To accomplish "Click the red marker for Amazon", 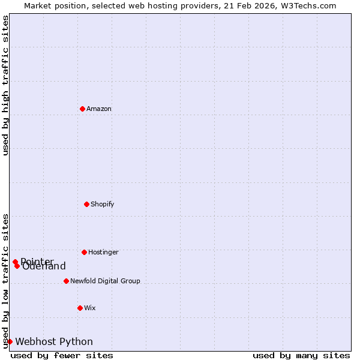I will (82, 109).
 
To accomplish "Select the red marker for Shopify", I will (86, 204).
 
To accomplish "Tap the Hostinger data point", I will (84, 252).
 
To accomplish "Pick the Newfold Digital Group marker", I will (66, 281).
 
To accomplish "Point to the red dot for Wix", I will (80, 308).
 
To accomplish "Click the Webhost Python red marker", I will (10, 341).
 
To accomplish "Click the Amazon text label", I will (99, 109).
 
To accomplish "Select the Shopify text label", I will (103, 204).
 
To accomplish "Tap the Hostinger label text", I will (103, 252).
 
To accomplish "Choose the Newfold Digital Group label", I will (105, 281).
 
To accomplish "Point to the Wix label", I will (90, 308).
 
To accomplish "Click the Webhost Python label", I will (54, 341).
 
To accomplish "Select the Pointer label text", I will (37, 261).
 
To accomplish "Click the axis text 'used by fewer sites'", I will (62, 356).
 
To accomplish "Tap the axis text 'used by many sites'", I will (301, 356).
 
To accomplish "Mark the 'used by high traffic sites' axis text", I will (5, 85).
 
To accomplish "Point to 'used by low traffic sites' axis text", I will (5, 281).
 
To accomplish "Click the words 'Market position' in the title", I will (52, 5).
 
